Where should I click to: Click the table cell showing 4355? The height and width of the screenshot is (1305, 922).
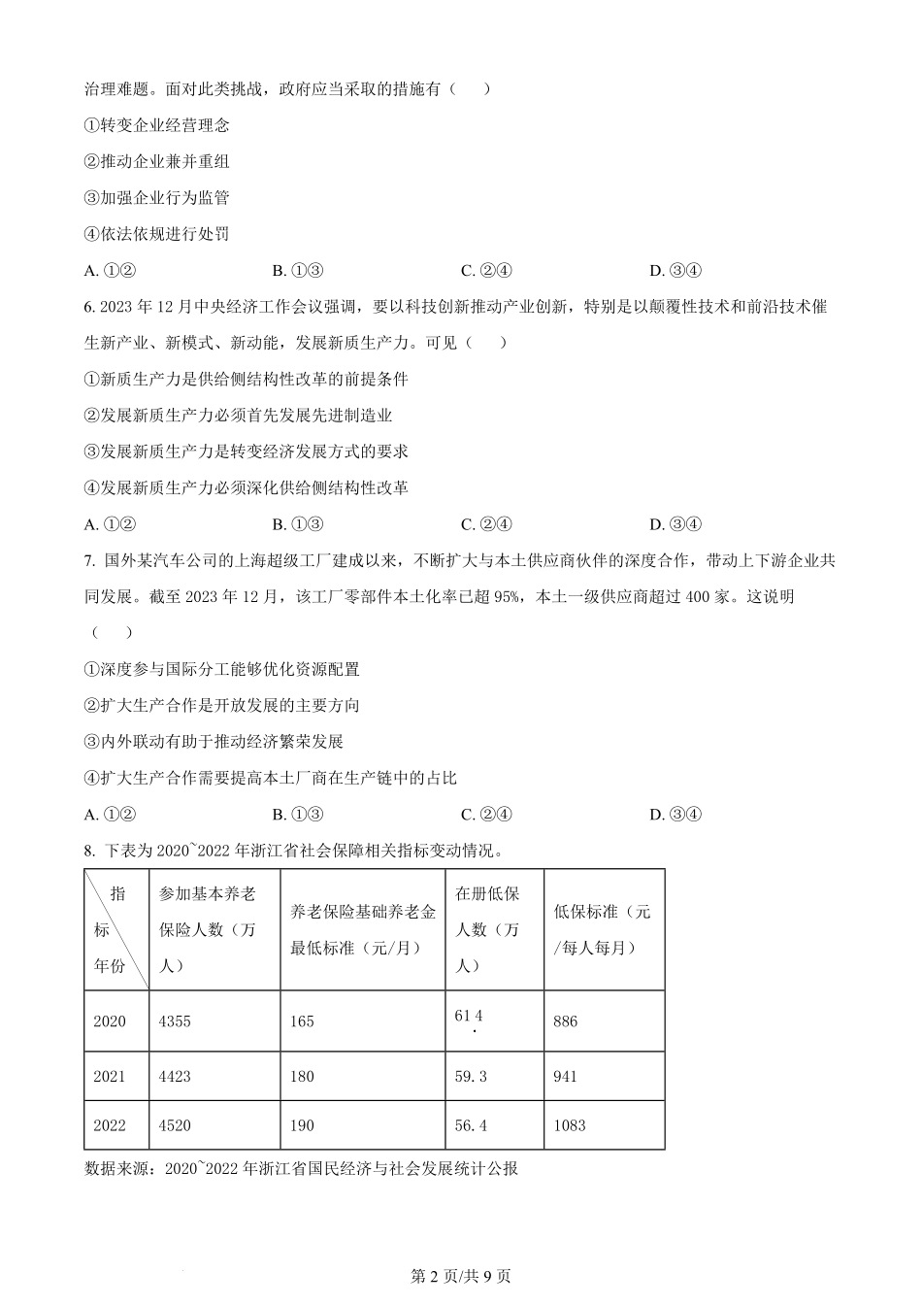(175, 1021)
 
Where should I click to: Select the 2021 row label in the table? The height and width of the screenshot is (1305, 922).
(110, 1076)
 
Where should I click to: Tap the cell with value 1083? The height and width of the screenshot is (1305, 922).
(570, 1125)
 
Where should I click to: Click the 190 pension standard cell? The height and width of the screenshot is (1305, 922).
(302, 1125)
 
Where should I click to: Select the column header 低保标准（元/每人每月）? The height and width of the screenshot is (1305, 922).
(603, 929)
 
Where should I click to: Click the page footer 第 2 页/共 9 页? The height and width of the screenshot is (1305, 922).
(461, 1276)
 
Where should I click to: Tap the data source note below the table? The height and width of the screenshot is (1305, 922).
(302, 1168)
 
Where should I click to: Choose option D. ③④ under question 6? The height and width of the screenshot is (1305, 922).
(675, 524)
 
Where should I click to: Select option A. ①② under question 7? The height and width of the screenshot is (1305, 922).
(109, 815)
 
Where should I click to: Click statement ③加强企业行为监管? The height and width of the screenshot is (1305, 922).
(157, 198)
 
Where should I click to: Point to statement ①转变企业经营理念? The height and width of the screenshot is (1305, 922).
(157, 125)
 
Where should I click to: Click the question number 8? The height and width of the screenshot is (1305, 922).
(88, 852)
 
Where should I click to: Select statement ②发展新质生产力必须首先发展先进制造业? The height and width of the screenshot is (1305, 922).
(239, 416)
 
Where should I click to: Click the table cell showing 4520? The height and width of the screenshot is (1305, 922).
(175, 1125)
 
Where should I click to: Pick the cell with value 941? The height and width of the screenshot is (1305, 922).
(565, 1076)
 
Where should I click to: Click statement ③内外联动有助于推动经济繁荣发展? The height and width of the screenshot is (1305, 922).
(214, 742)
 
